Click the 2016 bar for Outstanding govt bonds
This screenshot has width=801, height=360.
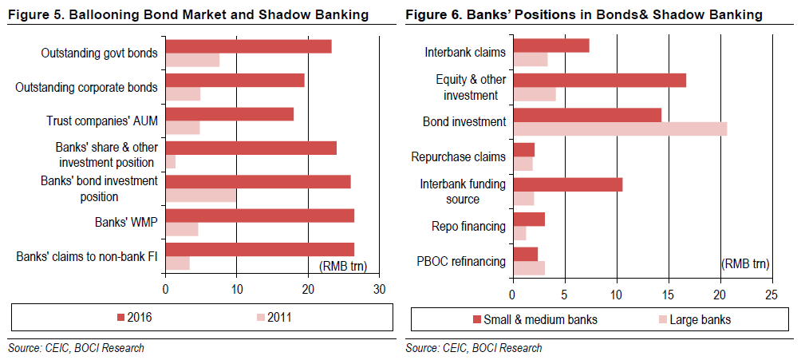pos(248,46)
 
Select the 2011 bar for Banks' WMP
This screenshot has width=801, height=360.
pos(182,230)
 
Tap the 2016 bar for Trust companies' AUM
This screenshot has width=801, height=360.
pos(229,114)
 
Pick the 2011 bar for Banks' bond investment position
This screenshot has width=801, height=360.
pos(200,196)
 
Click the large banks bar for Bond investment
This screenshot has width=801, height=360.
pos(620,129)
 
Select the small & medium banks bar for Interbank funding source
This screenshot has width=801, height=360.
pos(567,184)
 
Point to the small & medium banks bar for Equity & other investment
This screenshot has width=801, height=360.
pos(599,81)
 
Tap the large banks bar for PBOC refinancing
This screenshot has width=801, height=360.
pos(529,268)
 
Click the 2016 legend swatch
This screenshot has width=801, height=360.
pos(120,318)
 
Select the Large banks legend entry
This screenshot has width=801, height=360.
pos(694,320)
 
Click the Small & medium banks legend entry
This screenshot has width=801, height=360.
pos(535,320)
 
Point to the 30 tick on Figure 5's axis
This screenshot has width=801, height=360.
pos(378,289)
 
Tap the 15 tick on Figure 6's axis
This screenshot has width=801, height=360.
pos(669,295)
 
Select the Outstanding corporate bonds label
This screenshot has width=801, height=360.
pos(86,88)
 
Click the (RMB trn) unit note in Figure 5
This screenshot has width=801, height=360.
pos(343,266)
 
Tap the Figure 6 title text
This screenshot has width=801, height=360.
pos(584,15)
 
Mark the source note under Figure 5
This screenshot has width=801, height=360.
pos(76,348)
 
